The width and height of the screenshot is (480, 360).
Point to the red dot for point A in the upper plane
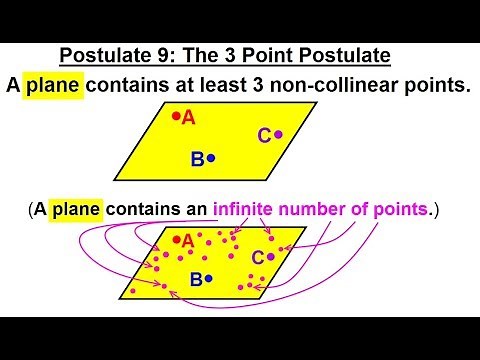point(176,117)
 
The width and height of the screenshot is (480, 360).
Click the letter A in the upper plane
point(188,118)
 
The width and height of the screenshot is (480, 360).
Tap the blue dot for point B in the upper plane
point(210,158)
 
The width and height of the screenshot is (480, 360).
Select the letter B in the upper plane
point(197,158)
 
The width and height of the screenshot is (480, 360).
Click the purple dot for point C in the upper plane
point(278,134)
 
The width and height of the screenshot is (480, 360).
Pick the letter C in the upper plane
point(264,135)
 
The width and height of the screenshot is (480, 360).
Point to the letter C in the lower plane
point(258,258)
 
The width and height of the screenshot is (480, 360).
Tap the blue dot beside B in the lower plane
point(209,279)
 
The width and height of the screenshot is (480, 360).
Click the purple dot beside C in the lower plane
point(271,256)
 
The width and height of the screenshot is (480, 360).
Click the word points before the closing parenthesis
point(400,210)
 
